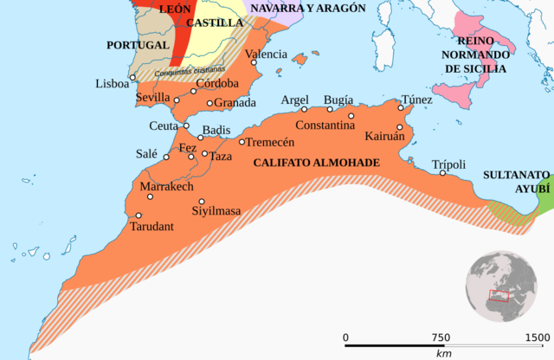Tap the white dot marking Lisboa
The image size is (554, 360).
pyautogui.click(x=133, y=78)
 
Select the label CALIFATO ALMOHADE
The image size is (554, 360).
pyautogui.click(x=317, y=162)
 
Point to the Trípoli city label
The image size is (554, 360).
pyautogui.click(x=448, y=164)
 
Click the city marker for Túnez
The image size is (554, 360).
pyautogui.click(x=401, y=108)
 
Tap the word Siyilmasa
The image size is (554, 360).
pyautogui.click(x=216, y=210)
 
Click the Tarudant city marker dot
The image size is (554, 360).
pyautogui.click(x=138, y=215)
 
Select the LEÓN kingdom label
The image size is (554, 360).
pyautogui.click(x=174, y=7)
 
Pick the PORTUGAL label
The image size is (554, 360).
pyautogui.click(x=137, y=44)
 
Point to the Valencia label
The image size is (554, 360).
pyautogui.click(x=266, y=54)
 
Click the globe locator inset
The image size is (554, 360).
pyautogui.click(x=502, y=287)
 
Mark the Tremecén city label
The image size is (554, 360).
pyautogui.click(x=271, y=142)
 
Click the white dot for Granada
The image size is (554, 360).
pyautogui.click(x=209, y=103)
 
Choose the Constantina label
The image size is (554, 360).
pyautogui.click(x=325, y=125)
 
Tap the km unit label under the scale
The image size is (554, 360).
pyautogui.click(x=443, y=353)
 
